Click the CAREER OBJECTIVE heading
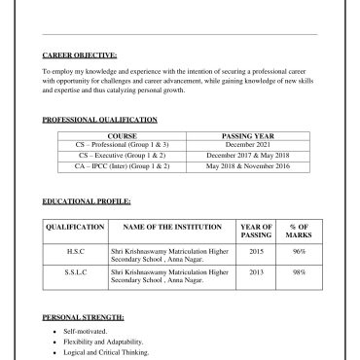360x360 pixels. click(x=80, y=54)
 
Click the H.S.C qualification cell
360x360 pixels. click(x=75, y=251)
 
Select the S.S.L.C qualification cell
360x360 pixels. click(x=75, y=272)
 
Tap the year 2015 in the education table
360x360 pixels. click(x=256, y=251)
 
